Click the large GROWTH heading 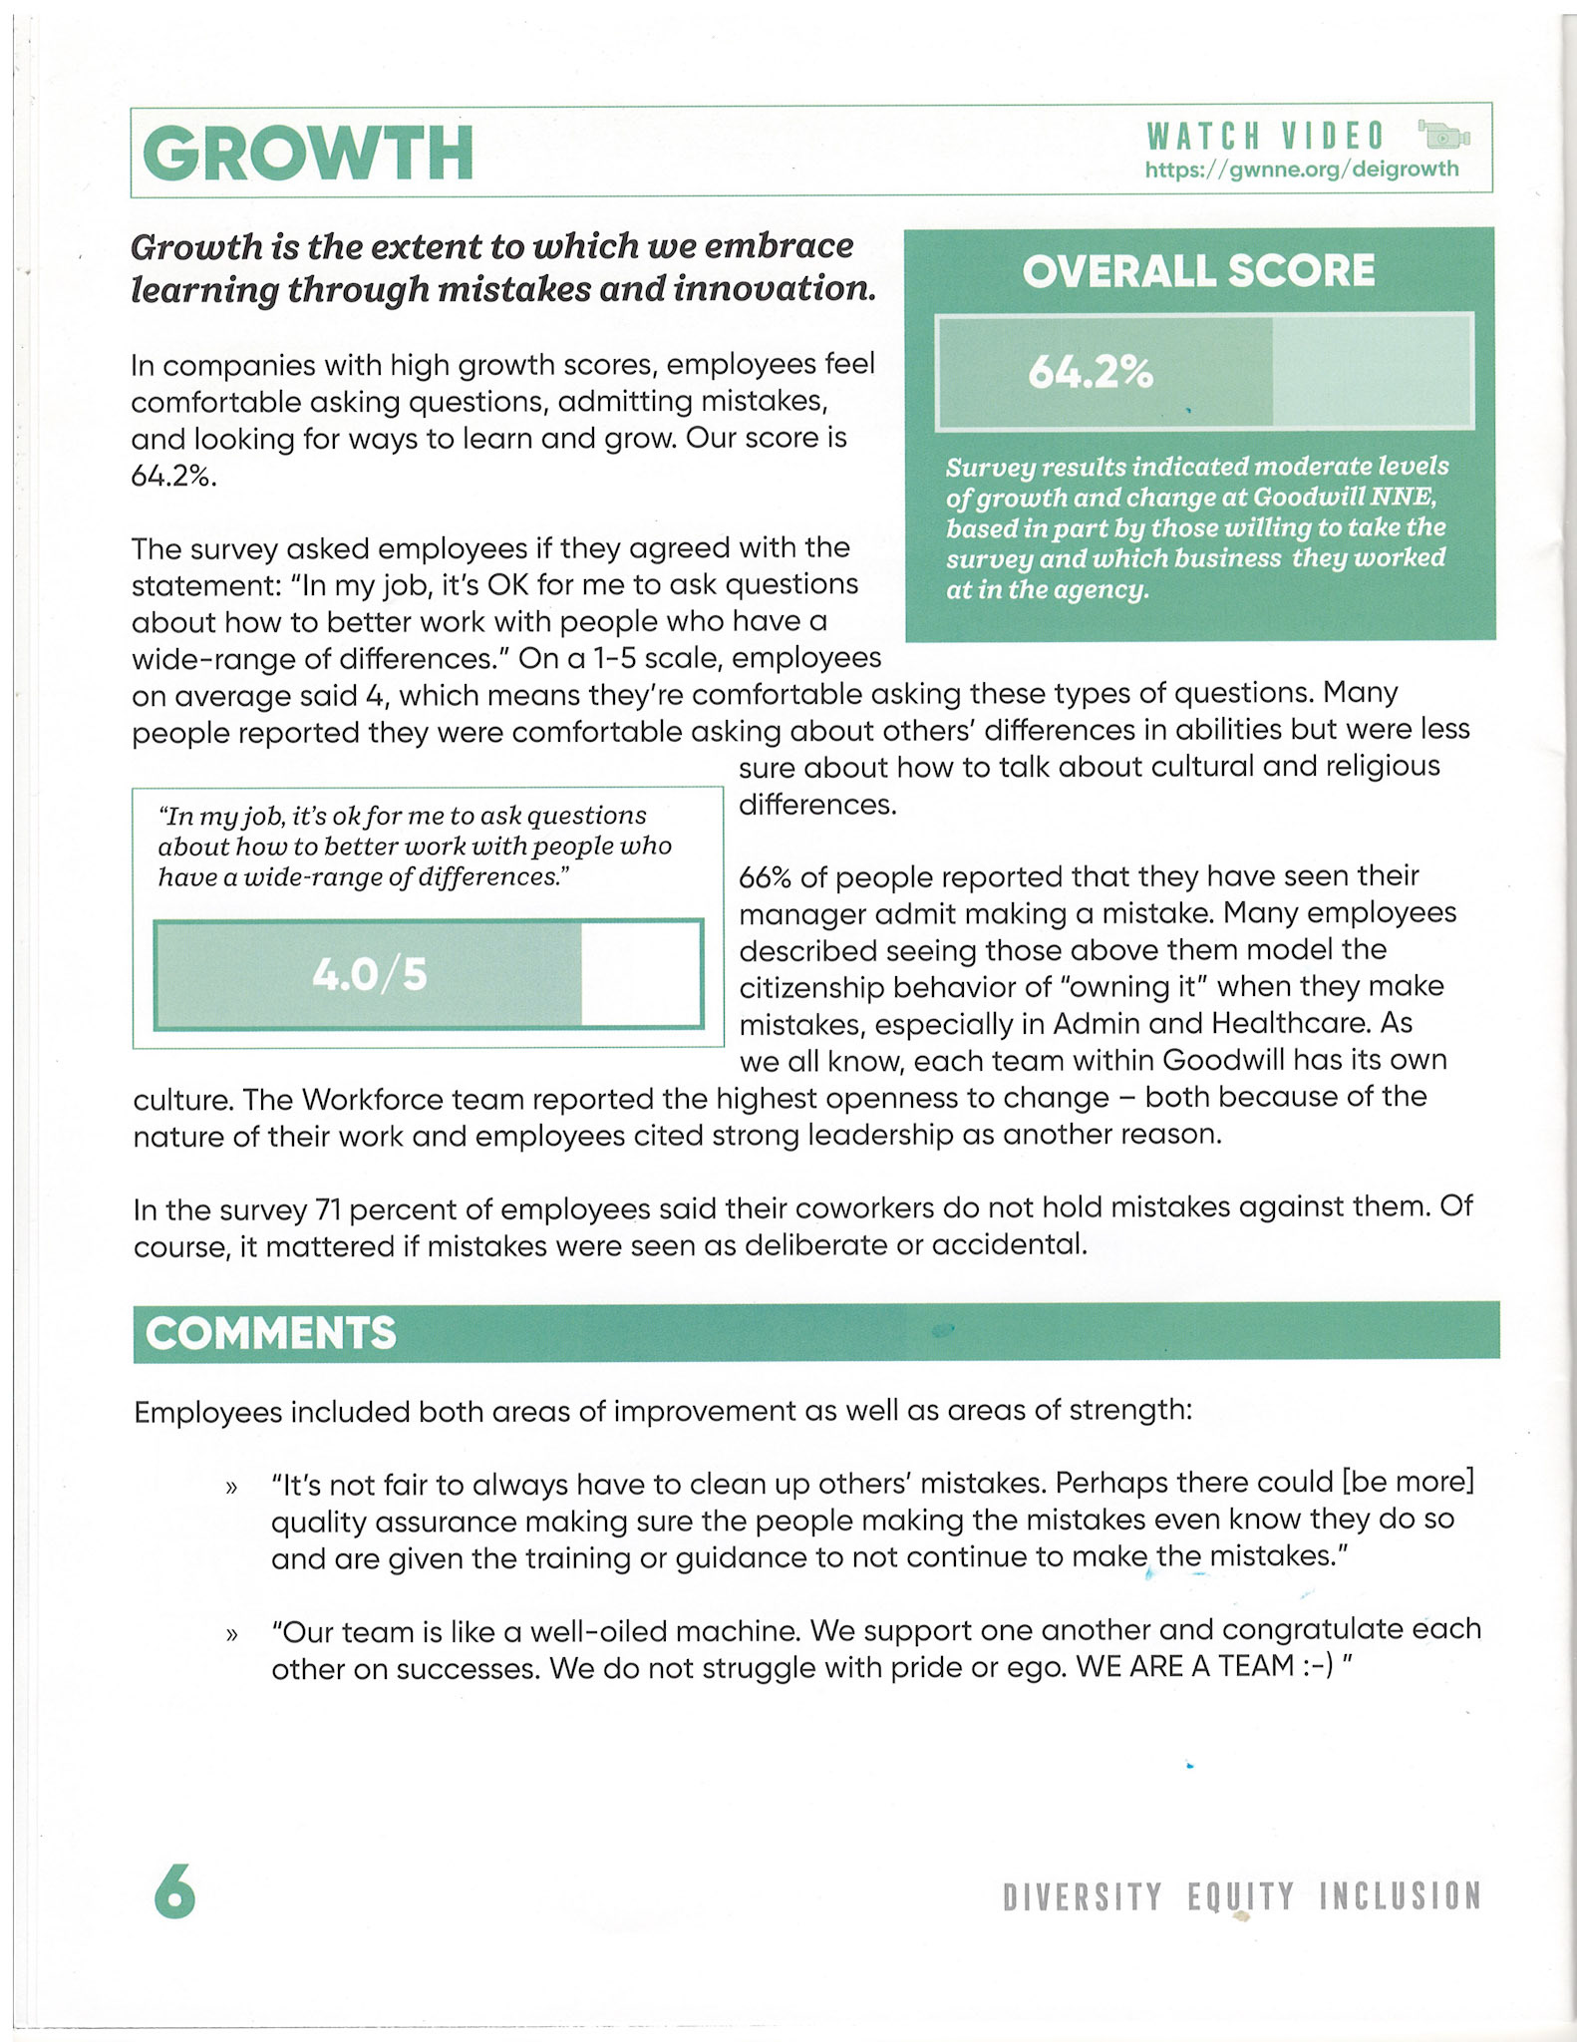click(308, 153)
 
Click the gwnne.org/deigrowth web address click(1302, 170)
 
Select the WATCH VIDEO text click(1266, 136)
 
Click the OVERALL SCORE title click(1198, 271)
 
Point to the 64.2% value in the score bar click(1091, 373)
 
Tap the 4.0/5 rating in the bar click(370, 974)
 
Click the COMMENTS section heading click(270, 1333)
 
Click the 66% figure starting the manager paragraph click(765, 877)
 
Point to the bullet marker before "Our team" click(231, 1635)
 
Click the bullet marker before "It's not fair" click(231, 1488)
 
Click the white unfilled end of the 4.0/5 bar click(640, 974)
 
